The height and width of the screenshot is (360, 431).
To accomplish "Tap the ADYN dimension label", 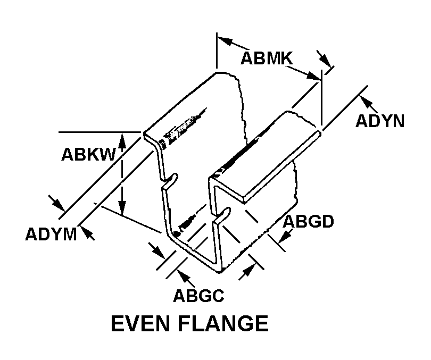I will pyautogui.click(x=379, y=121).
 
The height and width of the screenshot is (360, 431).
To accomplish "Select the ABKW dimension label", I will pyautogui.click(x=88, y=154).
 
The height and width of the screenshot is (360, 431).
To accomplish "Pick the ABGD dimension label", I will pyautogui.click(x=308, y=221).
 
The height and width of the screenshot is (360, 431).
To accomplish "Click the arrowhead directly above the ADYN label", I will pyautogui.click(x=366, y=101).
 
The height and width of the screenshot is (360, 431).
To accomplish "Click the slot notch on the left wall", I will pyautogui.click(x=169, y=182).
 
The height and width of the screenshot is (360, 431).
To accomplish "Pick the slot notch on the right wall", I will pyautogui.click(x=223, y=215).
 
